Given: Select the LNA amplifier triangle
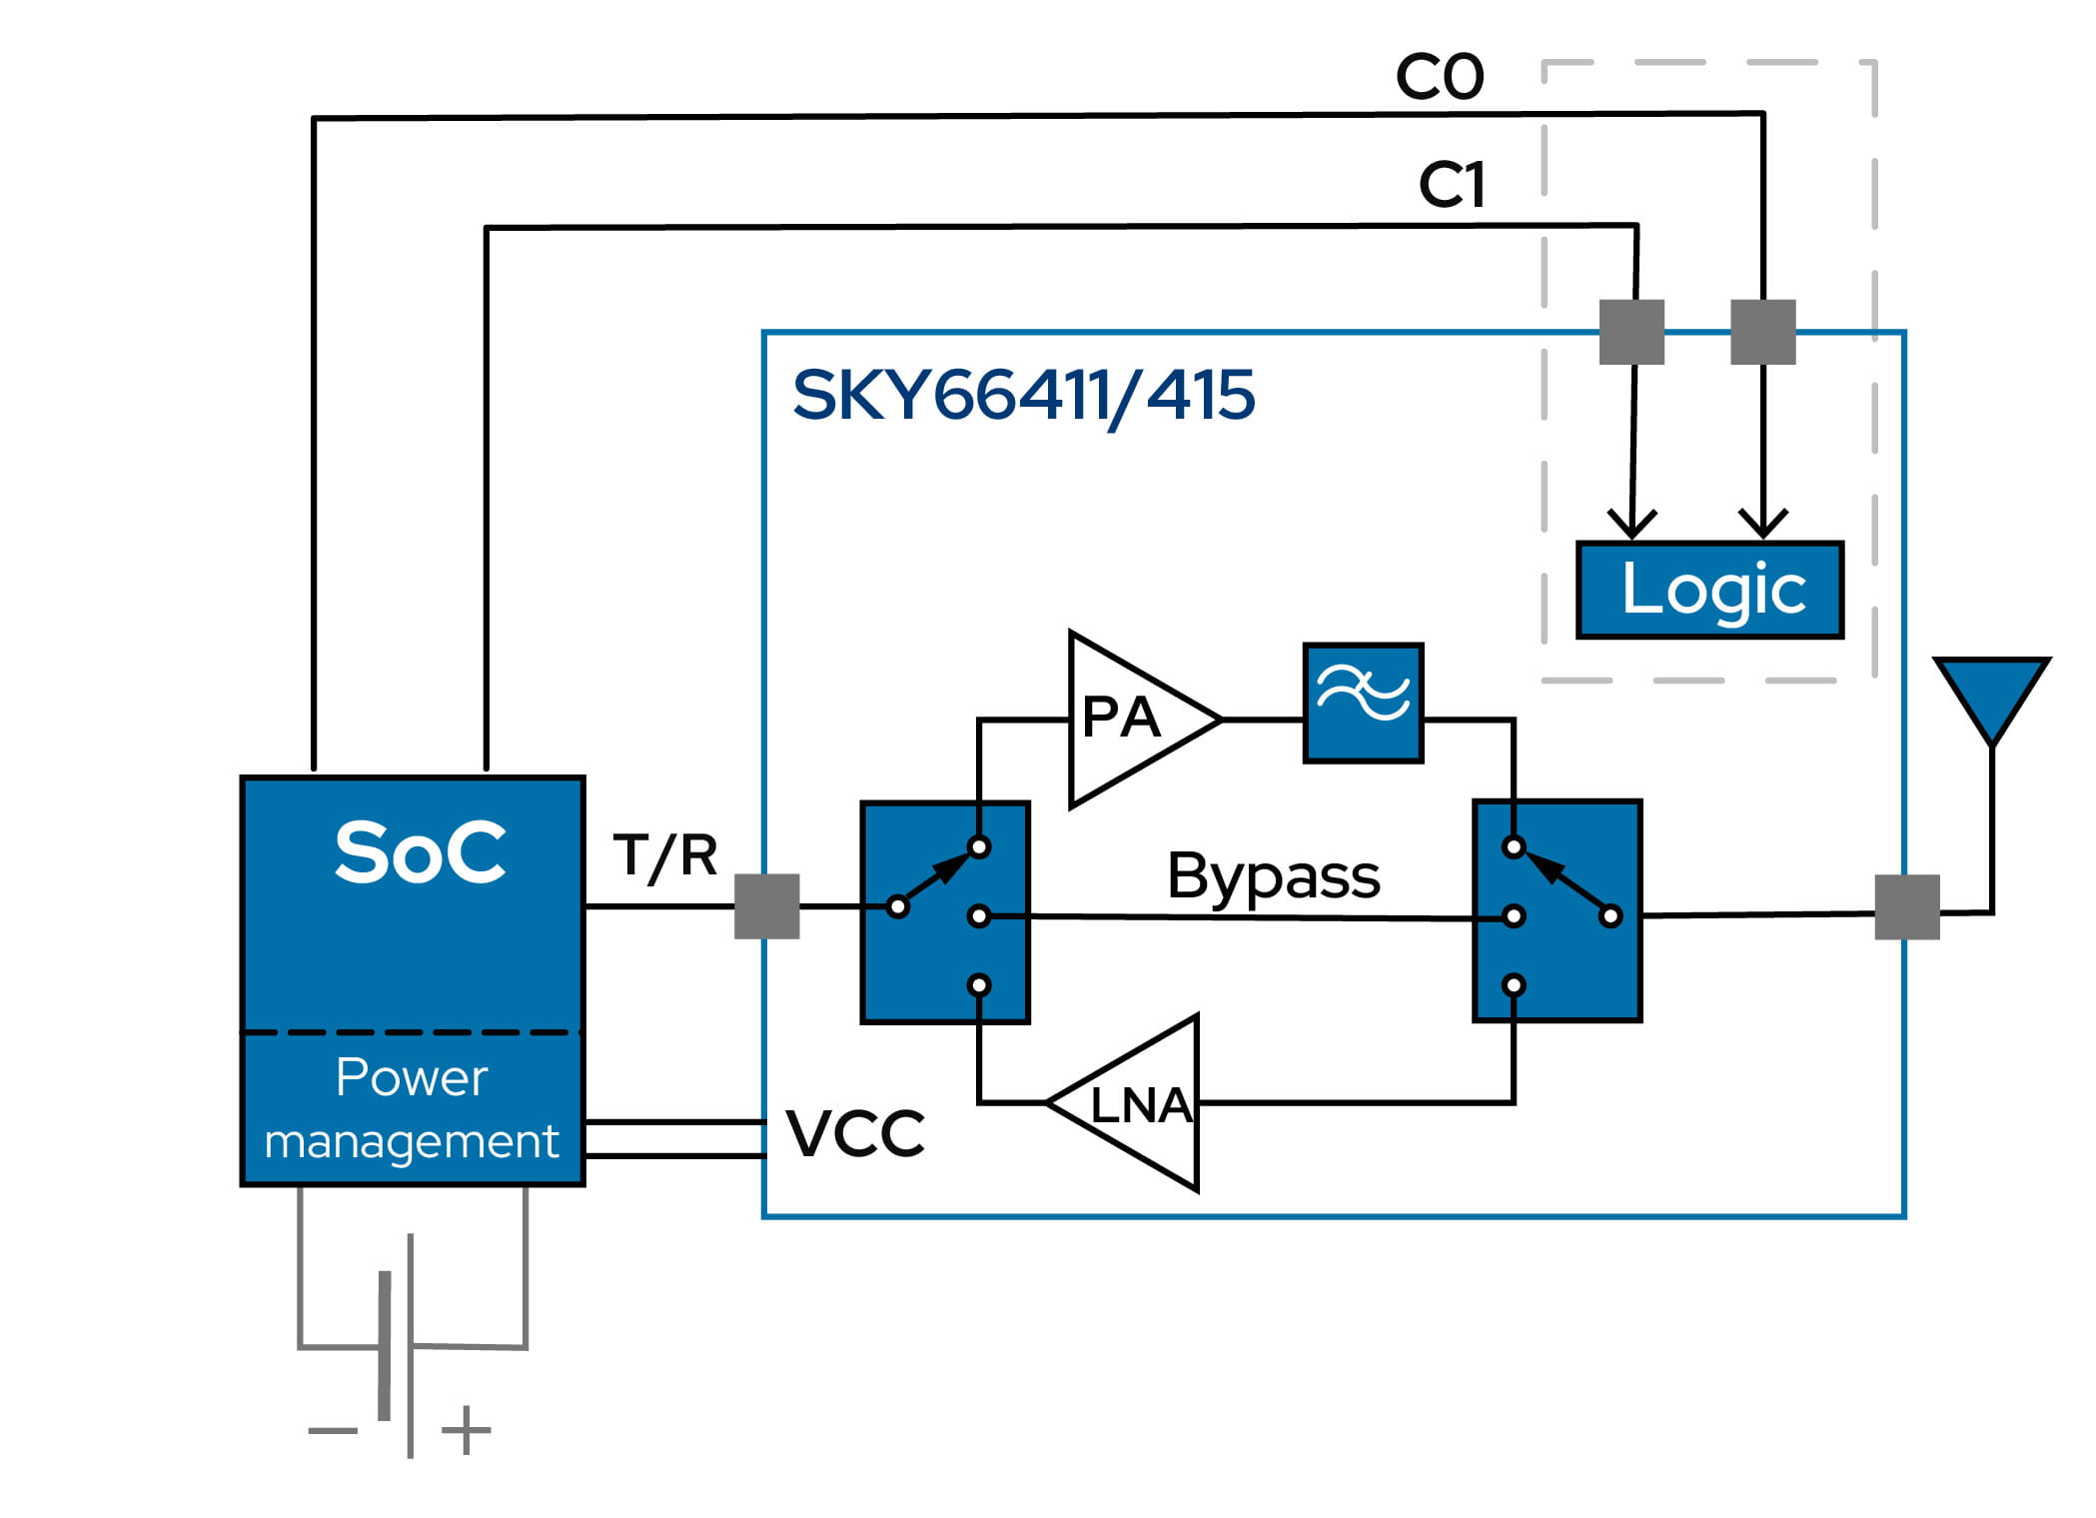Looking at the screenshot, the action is click(x=1134, y=1103).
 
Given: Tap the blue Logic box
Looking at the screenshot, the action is click(x=1709, y=590).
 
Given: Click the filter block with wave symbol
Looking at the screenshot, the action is click(x=1363, y=704).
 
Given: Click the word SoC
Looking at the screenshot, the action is click(x=420, y=851).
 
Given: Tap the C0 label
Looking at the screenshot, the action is click(x=1440, y=77).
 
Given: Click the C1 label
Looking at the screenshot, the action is click(x=1452, y=185).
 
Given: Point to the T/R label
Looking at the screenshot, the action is click(x=665, y=856).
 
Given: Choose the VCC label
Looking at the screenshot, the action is click(x=855, y=1133).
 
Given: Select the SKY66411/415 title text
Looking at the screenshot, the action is click(x=1023, y=396).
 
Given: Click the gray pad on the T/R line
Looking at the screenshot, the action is click(x=766, y=906).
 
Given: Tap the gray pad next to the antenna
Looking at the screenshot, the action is click(x=1907, y=907).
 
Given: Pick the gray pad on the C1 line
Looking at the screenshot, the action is click(x=1631, y=332).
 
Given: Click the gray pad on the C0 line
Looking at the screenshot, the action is click(x=1762, y=332).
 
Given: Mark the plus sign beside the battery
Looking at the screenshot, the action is click(x=467, y=1430).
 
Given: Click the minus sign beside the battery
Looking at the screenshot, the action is click(x=333, y=1430).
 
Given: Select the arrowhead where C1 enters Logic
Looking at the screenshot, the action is click(x=1631, y=524).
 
